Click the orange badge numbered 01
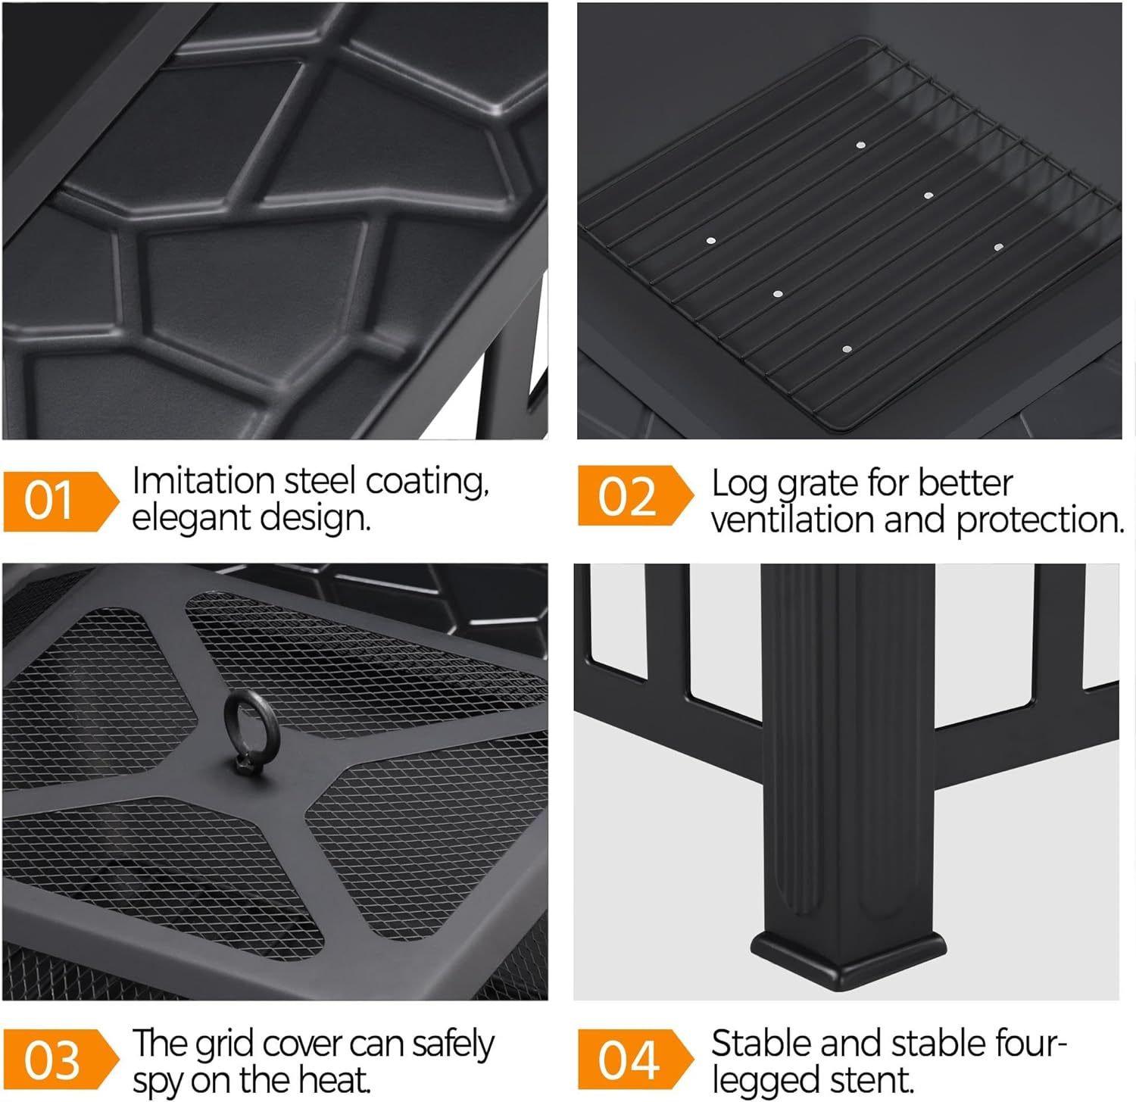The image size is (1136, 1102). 61,501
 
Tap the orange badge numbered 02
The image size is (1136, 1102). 635,495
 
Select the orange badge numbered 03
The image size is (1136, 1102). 61,1059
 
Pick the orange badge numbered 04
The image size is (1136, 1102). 635,1059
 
